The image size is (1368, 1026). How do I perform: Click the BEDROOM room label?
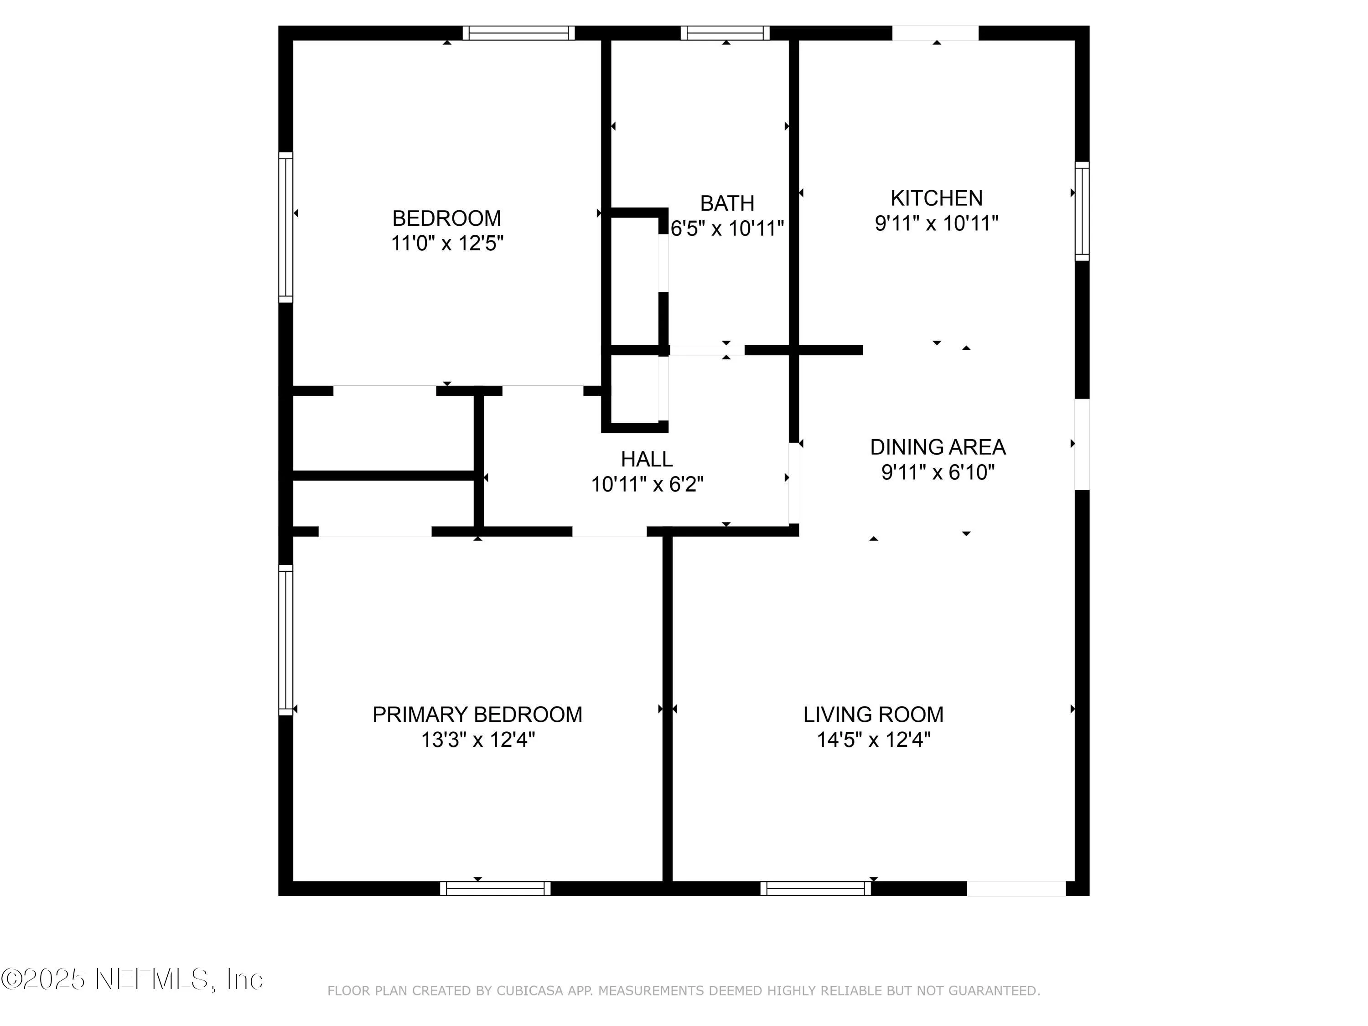click(x=446, y=218)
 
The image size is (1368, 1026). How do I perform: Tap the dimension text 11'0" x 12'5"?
click(x=446, y=244)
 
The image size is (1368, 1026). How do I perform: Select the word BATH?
click(x=727, y=203)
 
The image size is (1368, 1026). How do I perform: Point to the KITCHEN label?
click(x=936, y=198)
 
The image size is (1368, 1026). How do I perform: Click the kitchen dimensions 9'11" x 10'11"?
click(x=936, y=223)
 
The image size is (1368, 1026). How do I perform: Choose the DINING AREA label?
click(x=938, y=447)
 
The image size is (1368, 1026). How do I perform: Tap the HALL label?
click(x=647, y=459)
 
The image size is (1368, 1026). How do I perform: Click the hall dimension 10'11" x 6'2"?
click(x=647, y=484)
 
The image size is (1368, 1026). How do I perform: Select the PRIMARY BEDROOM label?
click(x=477, y=714)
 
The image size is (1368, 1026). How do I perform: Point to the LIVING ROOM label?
click(x=873, y=714)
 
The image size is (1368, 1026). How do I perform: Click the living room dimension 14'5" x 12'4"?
click(x=873, y=740)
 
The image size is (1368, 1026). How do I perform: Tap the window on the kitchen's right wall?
click(x=1082, y=211)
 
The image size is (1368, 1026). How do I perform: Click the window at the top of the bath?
click(x=725, y=33)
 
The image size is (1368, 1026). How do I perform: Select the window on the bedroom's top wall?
click(x=518, y=33)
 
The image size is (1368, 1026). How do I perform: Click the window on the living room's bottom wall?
click(x=815, y=888)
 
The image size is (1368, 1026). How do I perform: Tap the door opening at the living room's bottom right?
click(x=1016, y=888)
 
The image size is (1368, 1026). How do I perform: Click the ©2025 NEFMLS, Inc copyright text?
click(x=132, y=979)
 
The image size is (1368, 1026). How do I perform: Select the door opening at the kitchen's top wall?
click(x=935, y=33)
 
